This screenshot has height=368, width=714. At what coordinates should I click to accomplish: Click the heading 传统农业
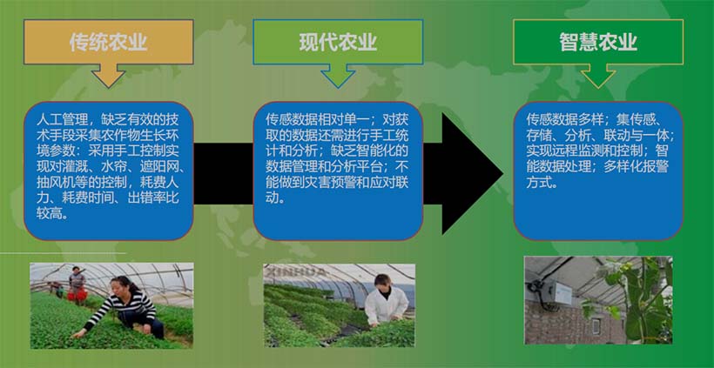pos(108,42)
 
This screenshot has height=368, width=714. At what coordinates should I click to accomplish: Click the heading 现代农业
pos(338,42)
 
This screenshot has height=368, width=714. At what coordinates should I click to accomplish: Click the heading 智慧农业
pos(598,42)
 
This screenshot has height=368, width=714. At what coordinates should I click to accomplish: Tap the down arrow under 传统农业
pos(108,77)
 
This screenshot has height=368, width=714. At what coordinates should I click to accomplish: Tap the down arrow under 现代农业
pos(338,77)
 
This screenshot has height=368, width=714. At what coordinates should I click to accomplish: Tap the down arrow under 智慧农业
pos(598,77)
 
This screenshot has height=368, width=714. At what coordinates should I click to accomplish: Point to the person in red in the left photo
pos(77,280)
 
